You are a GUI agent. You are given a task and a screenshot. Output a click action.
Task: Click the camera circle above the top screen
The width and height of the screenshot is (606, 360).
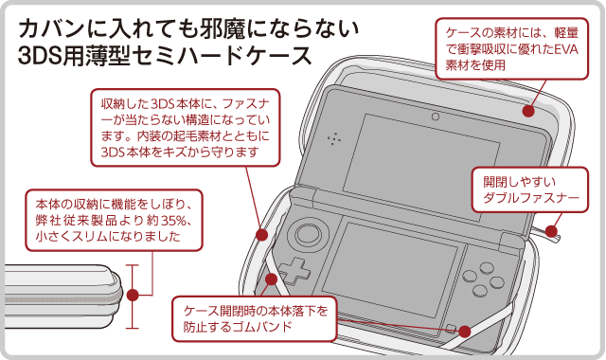[x=436, y=117]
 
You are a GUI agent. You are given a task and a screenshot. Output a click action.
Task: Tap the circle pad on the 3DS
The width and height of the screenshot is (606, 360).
[x=309, y=234]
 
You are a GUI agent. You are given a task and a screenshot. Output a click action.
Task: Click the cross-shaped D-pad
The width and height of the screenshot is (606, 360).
[x=294, y=270]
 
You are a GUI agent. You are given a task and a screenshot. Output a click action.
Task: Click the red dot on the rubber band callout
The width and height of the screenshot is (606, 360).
[x=465, y=332]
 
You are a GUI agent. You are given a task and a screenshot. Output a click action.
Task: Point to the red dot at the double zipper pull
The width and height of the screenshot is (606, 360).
[x=551, y=231]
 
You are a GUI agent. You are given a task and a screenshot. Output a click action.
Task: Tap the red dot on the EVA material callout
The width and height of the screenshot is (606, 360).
[x=528, y=111]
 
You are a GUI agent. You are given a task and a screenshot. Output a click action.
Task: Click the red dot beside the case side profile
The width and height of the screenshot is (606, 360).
[x=133, y=295]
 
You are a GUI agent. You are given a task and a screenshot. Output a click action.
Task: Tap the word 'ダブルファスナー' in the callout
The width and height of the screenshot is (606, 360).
[x=531, y=198]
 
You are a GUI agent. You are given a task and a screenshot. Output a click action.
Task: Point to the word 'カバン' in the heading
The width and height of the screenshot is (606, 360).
[x=51, y=28]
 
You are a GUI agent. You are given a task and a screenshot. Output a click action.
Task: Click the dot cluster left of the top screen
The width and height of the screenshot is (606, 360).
[x=334, y=139]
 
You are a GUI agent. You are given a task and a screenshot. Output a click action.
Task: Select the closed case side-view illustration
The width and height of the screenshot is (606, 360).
[x=63, y=297]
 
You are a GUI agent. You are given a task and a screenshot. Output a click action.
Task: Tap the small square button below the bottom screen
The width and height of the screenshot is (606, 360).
[x=451, y=329]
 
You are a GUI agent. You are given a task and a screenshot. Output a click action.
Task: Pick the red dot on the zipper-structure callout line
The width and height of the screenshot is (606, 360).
[x=262, y=234]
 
